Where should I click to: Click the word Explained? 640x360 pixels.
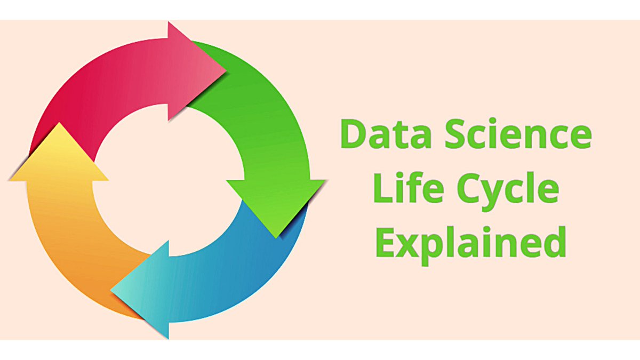(470, 243)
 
